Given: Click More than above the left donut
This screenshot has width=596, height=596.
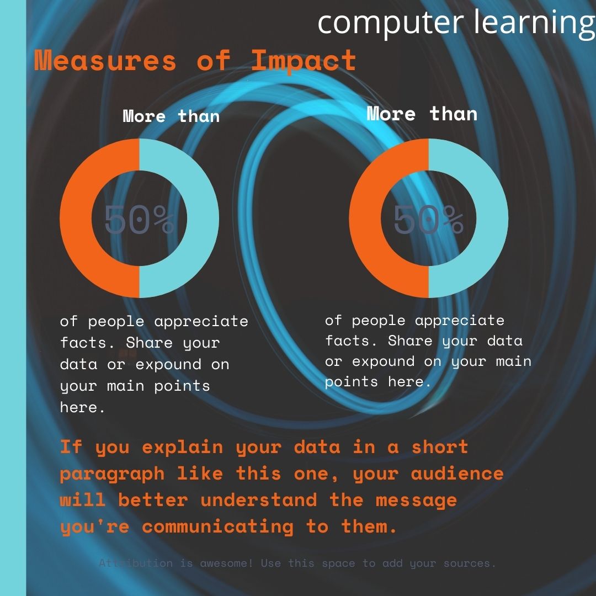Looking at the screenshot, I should [171, 116].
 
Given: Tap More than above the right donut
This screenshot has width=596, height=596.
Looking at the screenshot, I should [422, 114].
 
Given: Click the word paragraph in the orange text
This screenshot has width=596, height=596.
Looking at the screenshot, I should [112, 473].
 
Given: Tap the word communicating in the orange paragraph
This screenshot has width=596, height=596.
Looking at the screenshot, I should [217, 526].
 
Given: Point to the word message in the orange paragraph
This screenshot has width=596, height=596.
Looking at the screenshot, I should [416, 500].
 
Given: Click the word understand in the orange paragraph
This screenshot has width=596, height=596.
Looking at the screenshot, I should [258, 500].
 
